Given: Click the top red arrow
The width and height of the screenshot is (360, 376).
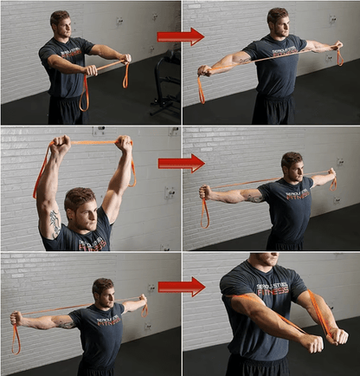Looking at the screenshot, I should coord(180,36).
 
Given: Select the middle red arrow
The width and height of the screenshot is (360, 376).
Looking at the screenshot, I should coord(180,162).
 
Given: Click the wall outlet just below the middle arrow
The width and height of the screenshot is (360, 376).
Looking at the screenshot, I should coord(170,192).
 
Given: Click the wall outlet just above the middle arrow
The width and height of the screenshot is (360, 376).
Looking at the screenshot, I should coord(174,132).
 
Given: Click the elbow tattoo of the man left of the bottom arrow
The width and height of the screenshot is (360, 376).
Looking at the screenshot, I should coord(63,321).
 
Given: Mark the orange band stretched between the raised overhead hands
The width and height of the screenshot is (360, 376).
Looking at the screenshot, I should coord(85,142).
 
